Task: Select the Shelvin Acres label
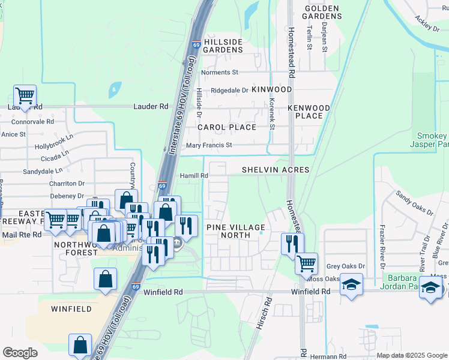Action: click(x=276, y=170)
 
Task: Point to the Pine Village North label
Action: click(x=235, y=231)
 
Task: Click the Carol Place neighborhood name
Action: click(x=227, y=127)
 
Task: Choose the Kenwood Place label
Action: click(x=309, y=112)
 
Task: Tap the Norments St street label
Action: click(x=220, y=73)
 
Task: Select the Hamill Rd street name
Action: click(x=194, y=176)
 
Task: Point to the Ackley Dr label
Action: click(x=427, y=23)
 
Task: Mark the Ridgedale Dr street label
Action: click(x=229, y=91)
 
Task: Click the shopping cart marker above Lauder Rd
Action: click(x=25, y=96)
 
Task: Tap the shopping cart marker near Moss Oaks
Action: click(x=306, y=263)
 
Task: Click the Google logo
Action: click(x=20, y=353)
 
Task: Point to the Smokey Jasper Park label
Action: click(x=430, y=140)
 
